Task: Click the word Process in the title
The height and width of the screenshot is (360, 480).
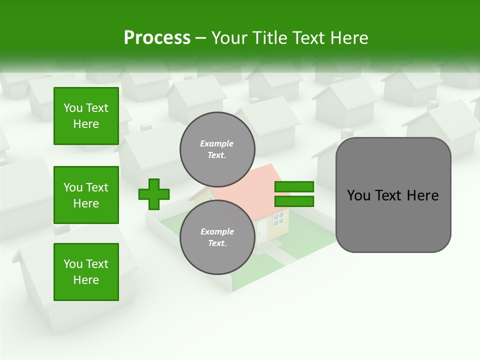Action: (x=157, y=37)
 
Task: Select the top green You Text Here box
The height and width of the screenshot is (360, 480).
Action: (x=86, y=116)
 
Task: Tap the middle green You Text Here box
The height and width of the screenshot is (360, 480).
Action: (x=86, y=195)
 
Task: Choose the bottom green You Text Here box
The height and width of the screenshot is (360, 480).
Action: (x=86, y=272)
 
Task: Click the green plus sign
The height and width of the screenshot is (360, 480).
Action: (x=154, y=194)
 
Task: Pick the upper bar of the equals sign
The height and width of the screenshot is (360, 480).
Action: (x=294, y=186)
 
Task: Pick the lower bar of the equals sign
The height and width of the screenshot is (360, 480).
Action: (x=294, y=201)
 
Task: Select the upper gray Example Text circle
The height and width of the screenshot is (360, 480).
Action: (x=217, y=149)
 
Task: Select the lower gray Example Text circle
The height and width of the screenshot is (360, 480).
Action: (x=217, y=237)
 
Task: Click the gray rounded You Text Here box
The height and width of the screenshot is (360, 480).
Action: (x=393, y=195)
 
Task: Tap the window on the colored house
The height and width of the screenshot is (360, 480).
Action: (x=278, y=217)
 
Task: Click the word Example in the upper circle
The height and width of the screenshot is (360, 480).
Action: (x=217, y=143)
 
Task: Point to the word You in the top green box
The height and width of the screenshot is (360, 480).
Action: (x=72, y=108)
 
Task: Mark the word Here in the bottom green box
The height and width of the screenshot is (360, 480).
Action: (x=86, y=280)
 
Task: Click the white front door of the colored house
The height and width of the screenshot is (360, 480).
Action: (x=260, y=231)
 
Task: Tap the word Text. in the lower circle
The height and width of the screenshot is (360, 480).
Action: (x=217, y=243)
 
